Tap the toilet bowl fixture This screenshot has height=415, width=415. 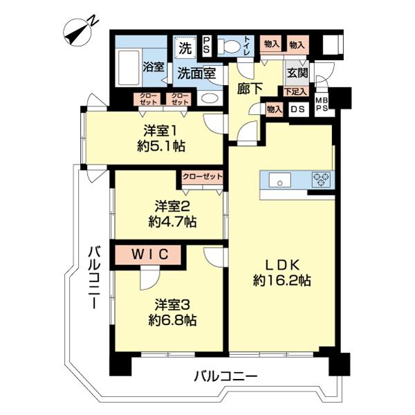(x=229, y=46)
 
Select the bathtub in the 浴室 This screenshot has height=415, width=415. (x=129, y=67)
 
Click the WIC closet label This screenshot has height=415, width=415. (x=150, y=255)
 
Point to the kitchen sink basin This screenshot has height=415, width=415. (x=279, y=181)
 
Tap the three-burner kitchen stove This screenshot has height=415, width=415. (x=321, y=180)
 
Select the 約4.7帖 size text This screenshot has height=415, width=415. (x=172, y=222)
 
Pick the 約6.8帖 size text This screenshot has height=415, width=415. (x=172, y=320)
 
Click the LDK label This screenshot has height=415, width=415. (x=282, y=265)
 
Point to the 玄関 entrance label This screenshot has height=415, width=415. (x=298, y=73)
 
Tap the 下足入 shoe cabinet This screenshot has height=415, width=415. (x=295, y=91)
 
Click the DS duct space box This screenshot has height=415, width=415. (x=298, y=109)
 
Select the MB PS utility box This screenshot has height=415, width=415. (x=322, y=104)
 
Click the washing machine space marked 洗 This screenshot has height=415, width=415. (x=185, y=48)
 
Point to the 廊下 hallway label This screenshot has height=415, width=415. (x=250, y=89)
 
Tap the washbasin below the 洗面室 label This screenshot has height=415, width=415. (x=210, y=98)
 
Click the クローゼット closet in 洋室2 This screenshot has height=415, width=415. (x=203, y=177)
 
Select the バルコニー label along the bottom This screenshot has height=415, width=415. (x=225, y=376)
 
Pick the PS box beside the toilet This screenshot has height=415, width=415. (x=206, y=46)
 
